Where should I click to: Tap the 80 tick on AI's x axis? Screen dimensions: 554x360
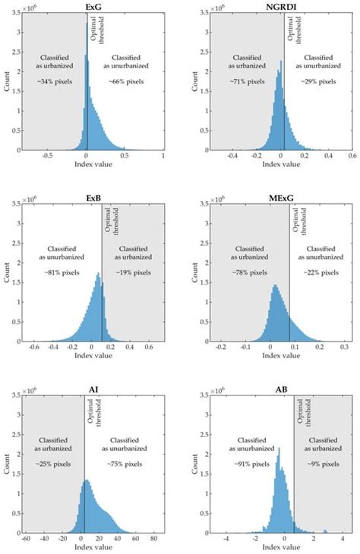(x=153, y=537)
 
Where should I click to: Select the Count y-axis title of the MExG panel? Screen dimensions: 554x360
(x=194, y=275)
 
